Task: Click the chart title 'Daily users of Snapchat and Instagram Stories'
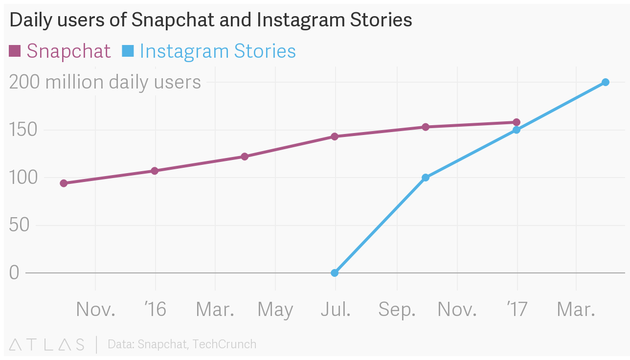(210, 20)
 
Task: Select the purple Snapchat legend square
(15, 51)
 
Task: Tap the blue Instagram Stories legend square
(128, 51)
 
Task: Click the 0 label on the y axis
(14, 272)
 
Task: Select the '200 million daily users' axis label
(105, 82)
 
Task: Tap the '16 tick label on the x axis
(155, 310)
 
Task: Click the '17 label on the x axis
(517, 310)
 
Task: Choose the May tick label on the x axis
(275, 310)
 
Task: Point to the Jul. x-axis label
(336, 310)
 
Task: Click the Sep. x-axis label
(397, 310)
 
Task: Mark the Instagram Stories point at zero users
(335, 272)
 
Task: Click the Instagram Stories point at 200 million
(605, 82)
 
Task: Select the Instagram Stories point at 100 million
(426, 178)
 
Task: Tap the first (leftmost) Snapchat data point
(64, 183)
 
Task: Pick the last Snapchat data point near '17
(517, 122)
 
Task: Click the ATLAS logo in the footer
(46, 344)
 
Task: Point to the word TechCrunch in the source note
(225, 344)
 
